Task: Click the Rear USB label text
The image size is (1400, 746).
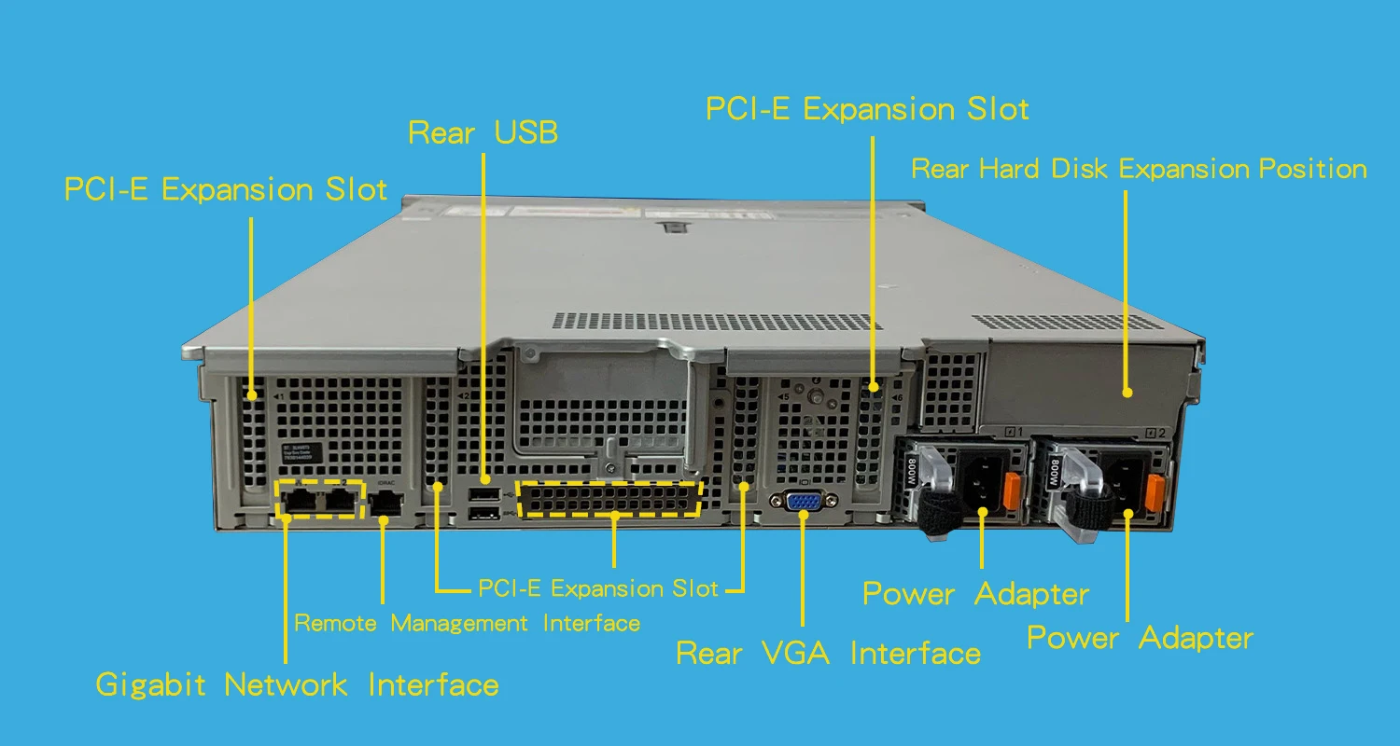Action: click(483, 132)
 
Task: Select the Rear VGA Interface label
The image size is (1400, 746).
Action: click(828, 653)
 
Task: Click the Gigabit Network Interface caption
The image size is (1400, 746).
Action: click(297, 685)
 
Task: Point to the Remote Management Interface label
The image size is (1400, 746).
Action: click(467, 623)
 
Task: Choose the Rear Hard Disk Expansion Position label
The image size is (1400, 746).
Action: click(1139, 169)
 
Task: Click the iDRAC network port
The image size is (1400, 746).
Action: click(385, 504)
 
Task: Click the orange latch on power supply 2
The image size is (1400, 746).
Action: click(1155, 492)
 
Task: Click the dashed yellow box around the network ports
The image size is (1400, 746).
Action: click(319, 499)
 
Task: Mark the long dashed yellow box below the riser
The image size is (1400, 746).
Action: click(609, 500)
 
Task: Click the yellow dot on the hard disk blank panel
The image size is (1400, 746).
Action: click(1127, 393)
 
